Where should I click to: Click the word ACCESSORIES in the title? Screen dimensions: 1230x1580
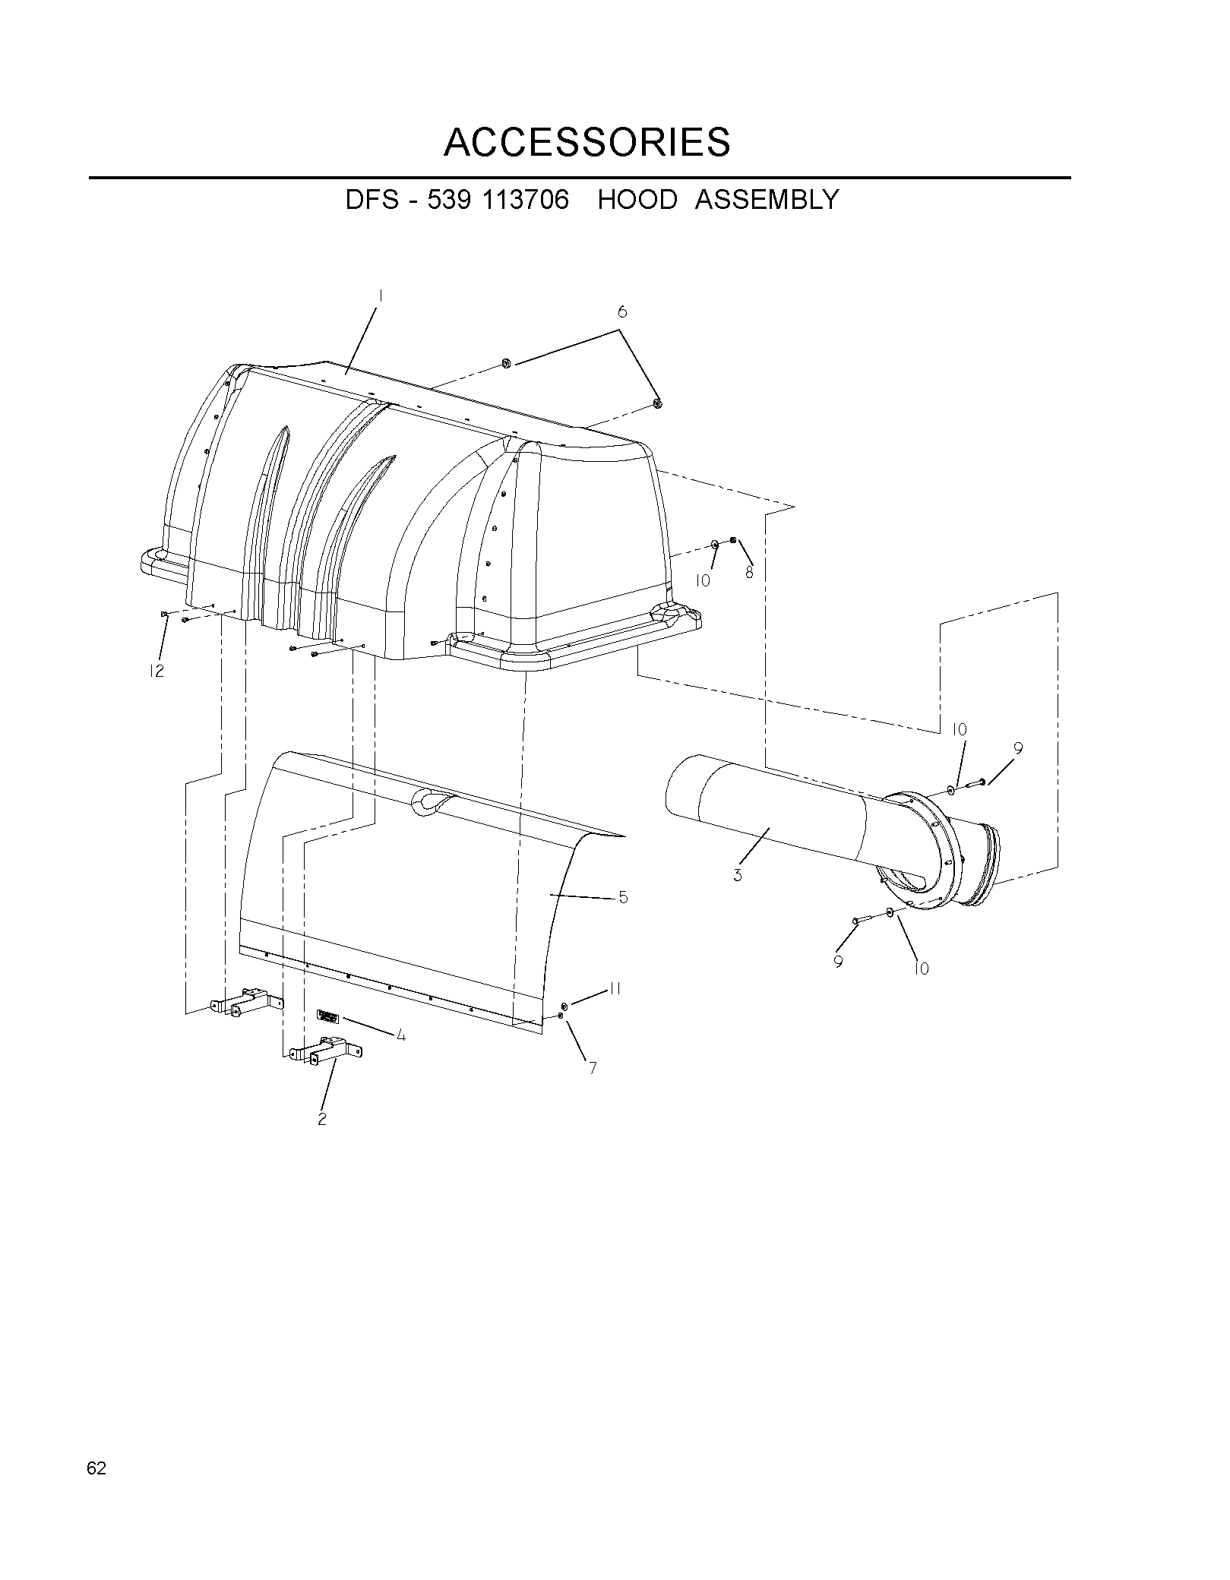(587, 142)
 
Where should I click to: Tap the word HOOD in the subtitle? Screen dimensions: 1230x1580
(637, 200)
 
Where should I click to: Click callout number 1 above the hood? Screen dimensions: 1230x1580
(380, 295)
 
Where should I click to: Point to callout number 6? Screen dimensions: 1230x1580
(622, 311)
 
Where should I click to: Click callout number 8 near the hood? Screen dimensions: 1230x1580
(749, 573)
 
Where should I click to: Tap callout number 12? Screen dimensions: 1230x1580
(157, 671)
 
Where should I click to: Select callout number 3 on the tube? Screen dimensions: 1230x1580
(738, 875)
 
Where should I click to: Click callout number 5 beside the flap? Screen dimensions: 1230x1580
(623, 897)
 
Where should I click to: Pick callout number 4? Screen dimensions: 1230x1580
(400, 1035)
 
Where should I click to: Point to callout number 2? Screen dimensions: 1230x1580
(322, 1119)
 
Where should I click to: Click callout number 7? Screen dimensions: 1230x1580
(592, 1068)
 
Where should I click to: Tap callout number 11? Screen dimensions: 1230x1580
(615, 989)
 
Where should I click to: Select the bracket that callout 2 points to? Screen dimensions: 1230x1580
(324, 1052)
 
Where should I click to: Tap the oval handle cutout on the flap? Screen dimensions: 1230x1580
(432, 802)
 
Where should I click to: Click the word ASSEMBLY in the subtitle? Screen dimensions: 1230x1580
(767, 200)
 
